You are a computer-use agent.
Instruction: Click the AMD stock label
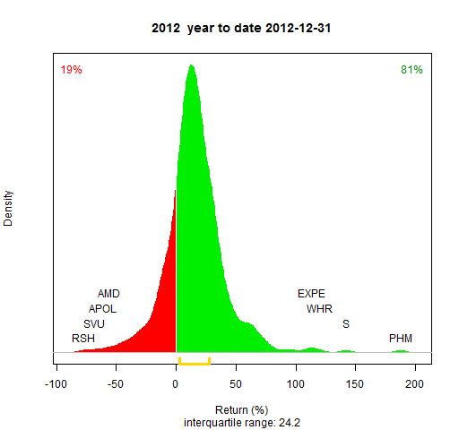[108, 294]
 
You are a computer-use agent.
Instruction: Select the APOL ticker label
[102, 309]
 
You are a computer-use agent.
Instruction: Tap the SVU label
[94, 324]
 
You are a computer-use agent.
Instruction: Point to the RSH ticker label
[83, 339]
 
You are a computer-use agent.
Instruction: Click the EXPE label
[311, 294]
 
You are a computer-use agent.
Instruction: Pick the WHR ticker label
[319, 309]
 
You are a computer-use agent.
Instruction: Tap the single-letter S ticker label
[346, 324]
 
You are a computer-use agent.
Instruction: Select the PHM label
[401, 339]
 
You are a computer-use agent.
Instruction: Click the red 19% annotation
[71, 70]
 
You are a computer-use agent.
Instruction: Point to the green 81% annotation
[411, 70]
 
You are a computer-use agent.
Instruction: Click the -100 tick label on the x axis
[56, 384]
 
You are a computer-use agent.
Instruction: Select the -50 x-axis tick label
[116, 384]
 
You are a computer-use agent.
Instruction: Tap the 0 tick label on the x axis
[176, 384]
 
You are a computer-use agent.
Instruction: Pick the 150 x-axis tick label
[355, 384]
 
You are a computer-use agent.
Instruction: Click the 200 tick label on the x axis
[414, 384]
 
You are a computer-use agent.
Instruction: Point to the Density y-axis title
[8, 209]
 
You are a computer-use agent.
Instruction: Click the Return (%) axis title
[242, 410]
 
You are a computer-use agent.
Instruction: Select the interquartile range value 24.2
[290, 423]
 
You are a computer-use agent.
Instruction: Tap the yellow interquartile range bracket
[195, 364]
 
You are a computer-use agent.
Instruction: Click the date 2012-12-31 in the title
[299, 29]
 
